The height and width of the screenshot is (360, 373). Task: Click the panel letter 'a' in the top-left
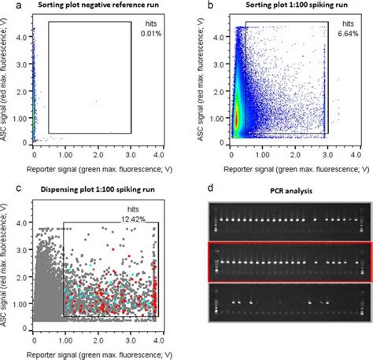[x=7, y=6]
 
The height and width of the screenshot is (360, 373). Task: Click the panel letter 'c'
[x=6, y=188]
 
